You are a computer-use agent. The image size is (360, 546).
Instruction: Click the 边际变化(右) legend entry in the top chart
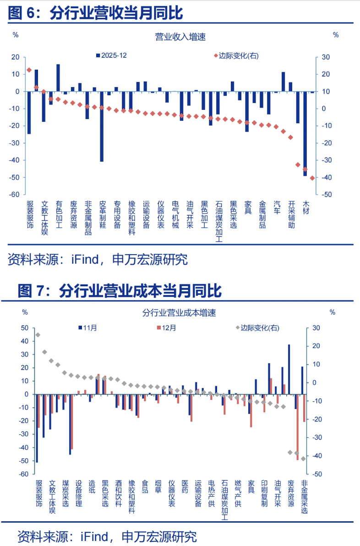click(x=235, y=55)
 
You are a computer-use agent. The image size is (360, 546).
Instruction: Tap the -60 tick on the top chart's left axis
click(x=15, y=195)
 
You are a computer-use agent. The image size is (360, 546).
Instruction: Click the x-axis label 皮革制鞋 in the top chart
click(x=103, y=214)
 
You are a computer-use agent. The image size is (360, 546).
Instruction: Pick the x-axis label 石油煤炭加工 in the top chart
click(x=219, y=221)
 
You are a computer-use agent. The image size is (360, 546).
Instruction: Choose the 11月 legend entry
click(x=87, y=328)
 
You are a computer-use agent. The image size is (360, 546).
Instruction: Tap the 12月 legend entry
click(x=166, y=328)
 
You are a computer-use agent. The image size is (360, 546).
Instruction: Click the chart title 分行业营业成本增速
click(x=179, y=313)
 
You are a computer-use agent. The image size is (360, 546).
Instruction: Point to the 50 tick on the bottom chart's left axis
click(x=24, y=328)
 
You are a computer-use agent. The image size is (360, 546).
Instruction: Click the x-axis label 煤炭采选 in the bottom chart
click(x=65, y=493)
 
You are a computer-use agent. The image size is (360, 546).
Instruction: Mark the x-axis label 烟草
click(x=158, y=486)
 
